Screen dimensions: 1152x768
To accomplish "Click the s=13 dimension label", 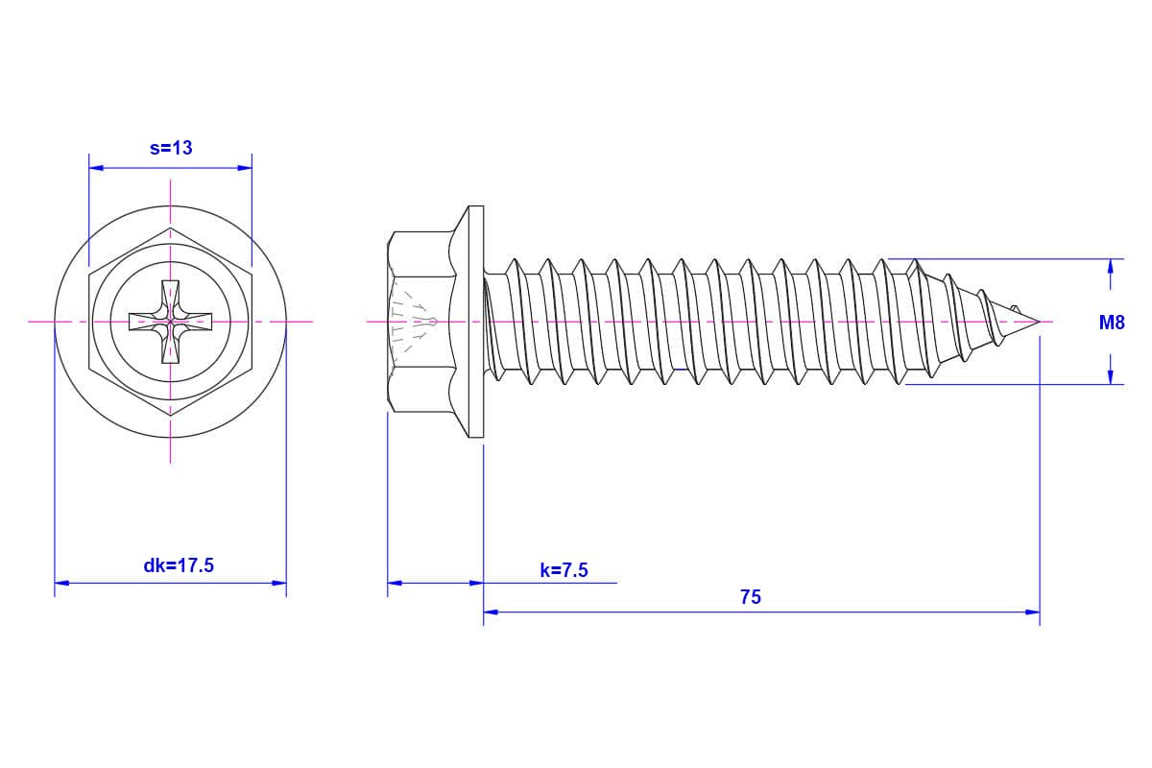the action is pos(171,148).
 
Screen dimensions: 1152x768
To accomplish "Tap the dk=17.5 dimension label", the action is pos(179,565).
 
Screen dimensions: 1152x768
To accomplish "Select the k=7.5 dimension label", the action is pos(564,570).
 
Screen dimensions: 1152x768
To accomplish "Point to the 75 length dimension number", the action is pos(751,597).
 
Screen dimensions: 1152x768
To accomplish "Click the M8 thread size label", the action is pos(1112,323).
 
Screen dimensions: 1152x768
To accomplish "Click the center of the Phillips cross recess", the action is pos(170,322).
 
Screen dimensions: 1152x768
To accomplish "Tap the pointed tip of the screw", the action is pos(1040,322).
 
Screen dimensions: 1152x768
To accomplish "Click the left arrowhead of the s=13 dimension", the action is pos(96,168).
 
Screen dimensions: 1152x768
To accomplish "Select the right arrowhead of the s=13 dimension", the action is pos(245,168).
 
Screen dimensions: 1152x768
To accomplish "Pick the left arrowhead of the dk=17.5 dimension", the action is pos(61,583).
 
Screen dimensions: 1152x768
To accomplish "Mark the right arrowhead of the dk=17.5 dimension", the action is pos(279,583).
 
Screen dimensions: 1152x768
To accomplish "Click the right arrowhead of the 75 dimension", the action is pos(1032,612).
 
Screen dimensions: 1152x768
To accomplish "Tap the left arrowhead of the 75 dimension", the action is pos(492,612).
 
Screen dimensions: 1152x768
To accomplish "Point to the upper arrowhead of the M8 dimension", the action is pos(1111,267).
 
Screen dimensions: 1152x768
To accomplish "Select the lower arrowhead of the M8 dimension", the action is pos(1111,376).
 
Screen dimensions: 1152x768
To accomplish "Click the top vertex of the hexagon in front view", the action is pos(170,228).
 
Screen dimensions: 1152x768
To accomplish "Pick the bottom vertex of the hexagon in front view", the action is pos(170,416).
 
